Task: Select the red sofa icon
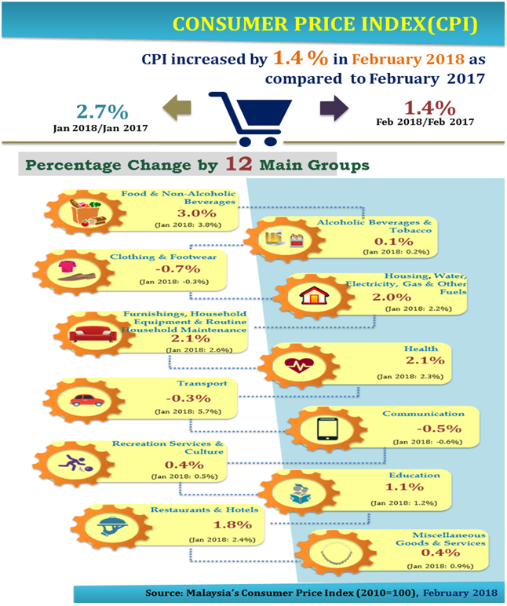93,334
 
